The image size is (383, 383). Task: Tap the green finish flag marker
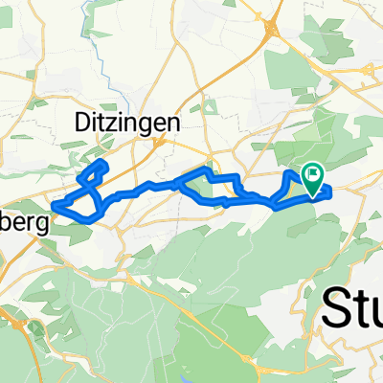tap(313, 175)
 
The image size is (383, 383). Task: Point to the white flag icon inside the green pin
tap(313, 173)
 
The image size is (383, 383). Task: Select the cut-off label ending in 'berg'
tap(21, 217)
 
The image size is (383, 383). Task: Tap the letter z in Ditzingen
tap(107, 123)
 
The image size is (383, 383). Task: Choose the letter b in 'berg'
tap(7, 216)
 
